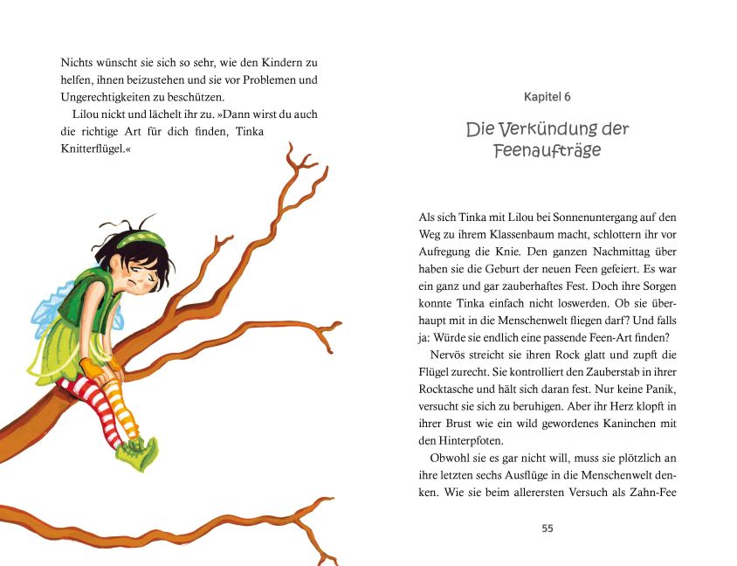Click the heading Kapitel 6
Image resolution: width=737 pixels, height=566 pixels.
548,97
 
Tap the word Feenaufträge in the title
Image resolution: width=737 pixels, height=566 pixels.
548,150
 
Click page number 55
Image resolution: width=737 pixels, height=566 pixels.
548,528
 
